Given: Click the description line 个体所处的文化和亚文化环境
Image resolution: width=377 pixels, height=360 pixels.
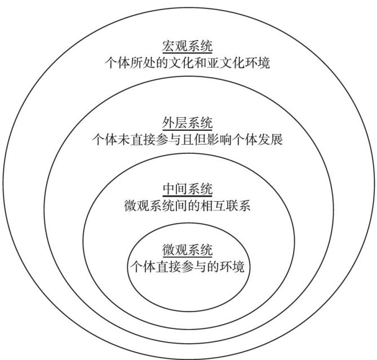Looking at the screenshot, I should point(188,63).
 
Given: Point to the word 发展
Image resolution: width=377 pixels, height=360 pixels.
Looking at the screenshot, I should point(270,139).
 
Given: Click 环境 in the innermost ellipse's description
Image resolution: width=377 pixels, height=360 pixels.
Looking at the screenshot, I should point(232,266).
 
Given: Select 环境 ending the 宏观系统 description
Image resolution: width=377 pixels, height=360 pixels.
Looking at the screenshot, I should point(258,63).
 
